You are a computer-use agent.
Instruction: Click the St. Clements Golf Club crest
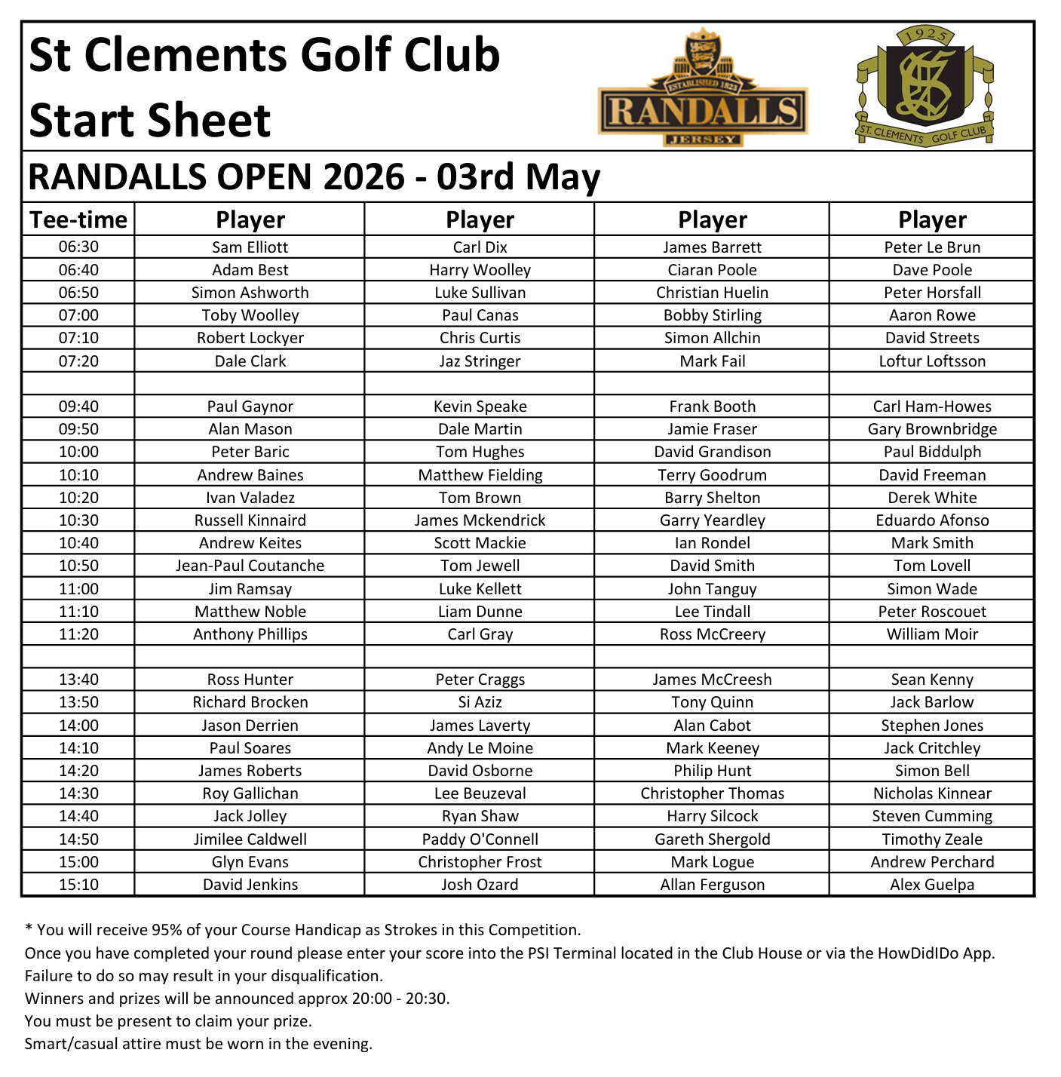coord(925,86)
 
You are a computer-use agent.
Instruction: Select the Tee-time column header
coord(78,219)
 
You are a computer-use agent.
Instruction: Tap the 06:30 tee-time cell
coord(78,247)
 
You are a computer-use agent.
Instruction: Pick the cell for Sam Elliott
coord(250,247)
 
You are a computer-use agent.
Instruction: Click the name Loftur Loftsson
coord(932,361)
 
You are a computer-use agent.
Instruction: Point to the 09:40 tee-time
coord(78,407)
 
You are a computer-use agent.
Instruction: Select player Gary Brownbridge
coord(932,429)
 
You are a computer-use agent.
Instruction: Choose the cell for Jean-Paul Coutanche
coord(250,566)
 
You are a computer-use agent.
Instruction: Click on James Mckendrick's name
coord(480,520)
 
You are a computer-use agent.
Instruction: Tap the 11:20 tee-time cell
coord(78,634)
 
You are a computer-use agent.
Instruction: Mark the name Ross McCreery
coord(712,634)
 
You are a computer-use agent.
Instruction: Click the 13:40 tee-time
coord(78,680)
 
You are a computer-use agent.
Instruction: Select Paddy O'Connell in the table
coord(480,839)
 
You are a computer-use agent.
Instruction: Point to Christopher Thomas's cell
coord(712,793)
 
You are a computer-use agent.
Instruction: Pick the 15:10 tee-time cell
coord(78,885)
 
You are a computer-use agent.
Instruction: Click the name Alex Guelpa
coord(932,885)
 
